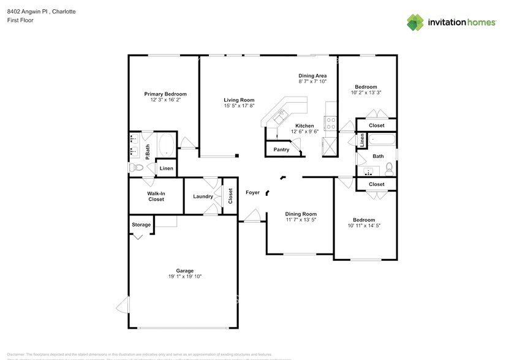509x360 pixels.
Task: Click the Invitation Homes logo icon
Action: point(415,22)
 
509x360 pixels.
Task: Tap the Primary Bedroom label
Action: point(165,94)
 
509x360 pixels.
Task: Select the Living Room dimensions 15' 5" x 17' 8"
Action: point(239,106)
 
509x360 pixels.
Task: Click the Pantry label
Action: point(281,149)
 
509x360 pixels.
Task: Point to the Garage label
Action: point(185,271)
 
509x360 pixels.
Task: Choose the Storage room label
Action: point(141,225)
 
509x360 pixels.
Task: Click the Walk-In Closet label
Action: point(156,196)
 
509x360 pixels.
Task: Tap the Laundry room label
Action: point(203,197)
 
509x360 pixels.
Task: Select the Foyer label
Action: point(252,192)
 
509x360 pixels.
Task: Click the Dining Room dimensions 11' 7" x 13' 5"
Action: point(301,220)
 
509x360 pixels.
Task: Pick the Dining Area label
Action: point(312,75)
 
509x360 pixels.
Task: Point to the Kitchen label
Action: point(304,125)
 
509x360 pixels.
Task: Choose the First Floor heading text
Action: point(21,20)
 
